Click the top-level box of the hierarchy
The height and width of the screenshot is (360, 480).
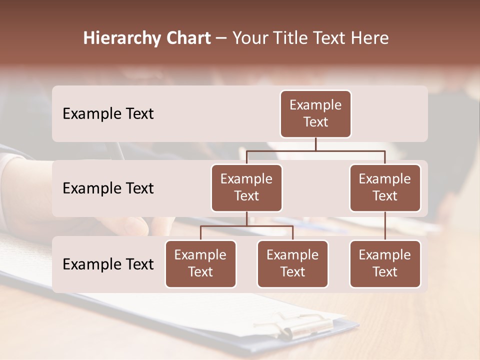tap(315, 114)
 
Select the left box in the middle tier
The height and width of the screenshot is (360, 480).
tap(246, 188)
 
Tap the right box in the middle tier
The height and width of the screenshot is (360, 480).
tap(385, 188)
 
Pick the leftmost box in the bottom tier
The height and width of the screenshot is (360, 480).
tap(200, 264)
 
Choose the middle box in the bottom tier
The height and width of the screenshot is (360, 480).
tap(292, 264)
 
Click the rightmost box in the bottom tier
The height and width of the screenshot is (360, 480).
tap(385, 264)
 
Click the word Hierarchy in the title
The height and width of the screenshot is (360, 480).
tap(120, 38)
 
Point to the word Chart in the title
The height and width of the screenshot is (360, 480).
tap(187, 38)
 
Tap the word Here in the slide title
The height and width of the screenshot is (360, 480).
tap(370, 38)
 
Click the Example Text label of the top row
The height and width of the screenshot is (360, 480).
tap(108, 114)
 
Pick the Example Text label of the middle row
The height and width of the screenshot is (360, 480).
tap(108, 188)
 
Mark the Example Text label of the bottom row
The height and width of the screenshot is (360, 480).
tap(108, 264)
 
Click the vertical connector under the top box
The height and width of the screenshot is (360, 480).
tap(315, 144)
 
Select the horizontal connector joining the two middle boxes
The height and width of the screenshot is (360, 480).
tap(315, 150)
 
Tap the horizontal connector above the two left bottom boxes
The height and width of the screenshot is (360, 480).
tap(246, 226)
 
